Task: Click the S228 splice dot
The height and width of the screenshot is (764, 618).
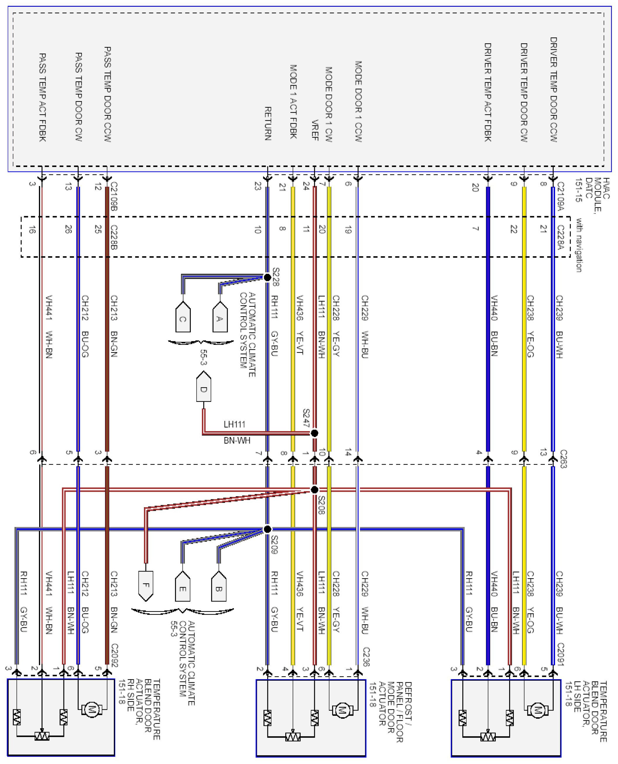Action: (x=267, y=277)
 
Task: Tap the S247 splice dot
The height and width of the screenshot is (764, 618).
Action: (x=314, y=433)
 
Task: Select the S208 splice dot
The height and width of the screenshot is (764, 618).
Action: (x=314, y=490)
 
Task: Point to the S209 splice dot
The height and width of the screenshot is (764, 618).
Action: (x=267, y=529)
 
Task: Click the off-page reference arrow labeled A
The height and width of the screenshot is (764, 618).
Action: (x=220, y=317)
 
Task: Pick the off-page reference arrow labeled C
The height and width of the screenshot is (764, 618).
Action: (x=183, y=317)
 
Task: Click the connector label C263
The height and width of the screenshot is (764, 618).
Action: (x=562, y=459)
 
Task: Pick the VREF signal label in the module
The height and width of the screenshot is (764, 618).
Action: (x=315, y=130)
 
